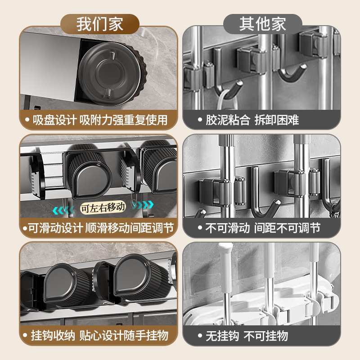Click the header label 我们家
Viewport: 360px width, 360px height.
point(99,23)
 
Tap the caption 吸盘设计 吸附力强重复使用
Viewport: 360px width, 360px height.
point(99,120)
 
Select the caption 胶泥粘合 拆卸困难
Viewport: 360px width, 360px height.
point(252,120)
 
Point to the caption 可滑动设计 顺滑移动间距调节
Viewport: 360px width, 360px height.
point(99,228)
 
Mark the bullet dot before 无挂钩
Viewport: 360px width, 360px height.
point(199,336)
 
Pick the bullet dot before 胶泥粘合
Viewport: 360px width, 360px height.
point(199,121)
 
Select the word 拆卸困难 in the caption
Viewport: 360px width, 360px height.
point(276,120)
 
